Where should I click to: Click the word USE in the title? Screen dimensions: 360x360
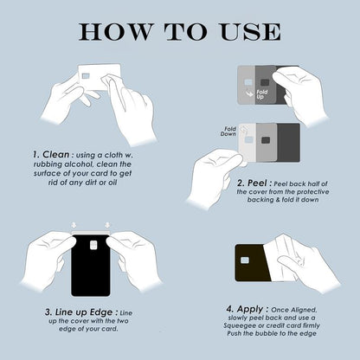[x=250, y=31]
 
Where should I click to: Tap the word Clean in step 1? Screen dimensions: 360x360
[x=56, y=154]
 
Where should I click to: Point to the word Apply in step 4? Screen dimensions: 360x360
[x=250, y=310]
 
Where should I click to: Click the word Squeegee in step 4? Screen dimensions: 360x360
[x=238, y=325]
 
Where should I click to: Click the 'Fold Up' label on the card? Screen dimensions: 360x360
[x=262, y=94]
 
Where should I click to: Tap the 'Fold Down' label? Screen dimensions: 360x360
[x=228, y=132]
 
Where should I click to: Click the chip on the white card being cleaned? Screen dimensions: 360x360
[x=86, y=76]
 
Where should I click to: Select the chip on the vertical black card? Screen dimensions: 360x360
[x=93, y=245]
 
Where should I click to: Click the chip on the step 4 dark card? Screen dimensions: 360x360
[x=245, y=260]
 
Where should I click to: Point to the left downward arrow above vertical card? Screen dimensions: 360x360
[x=74, y=225]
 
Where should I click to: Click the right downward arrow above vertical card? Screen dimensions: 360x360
[x=107, y=225]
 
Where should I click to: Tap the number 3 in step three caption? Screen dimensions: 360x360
[x=48, y=312]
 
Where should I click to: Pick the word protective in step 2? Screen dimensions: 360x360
[x=312, y=192]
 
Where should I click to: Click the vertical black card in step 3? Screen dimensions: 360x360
[x=91, y=266]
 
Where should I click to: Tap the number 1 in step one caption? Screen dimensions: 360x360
[x=35, y=155]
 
